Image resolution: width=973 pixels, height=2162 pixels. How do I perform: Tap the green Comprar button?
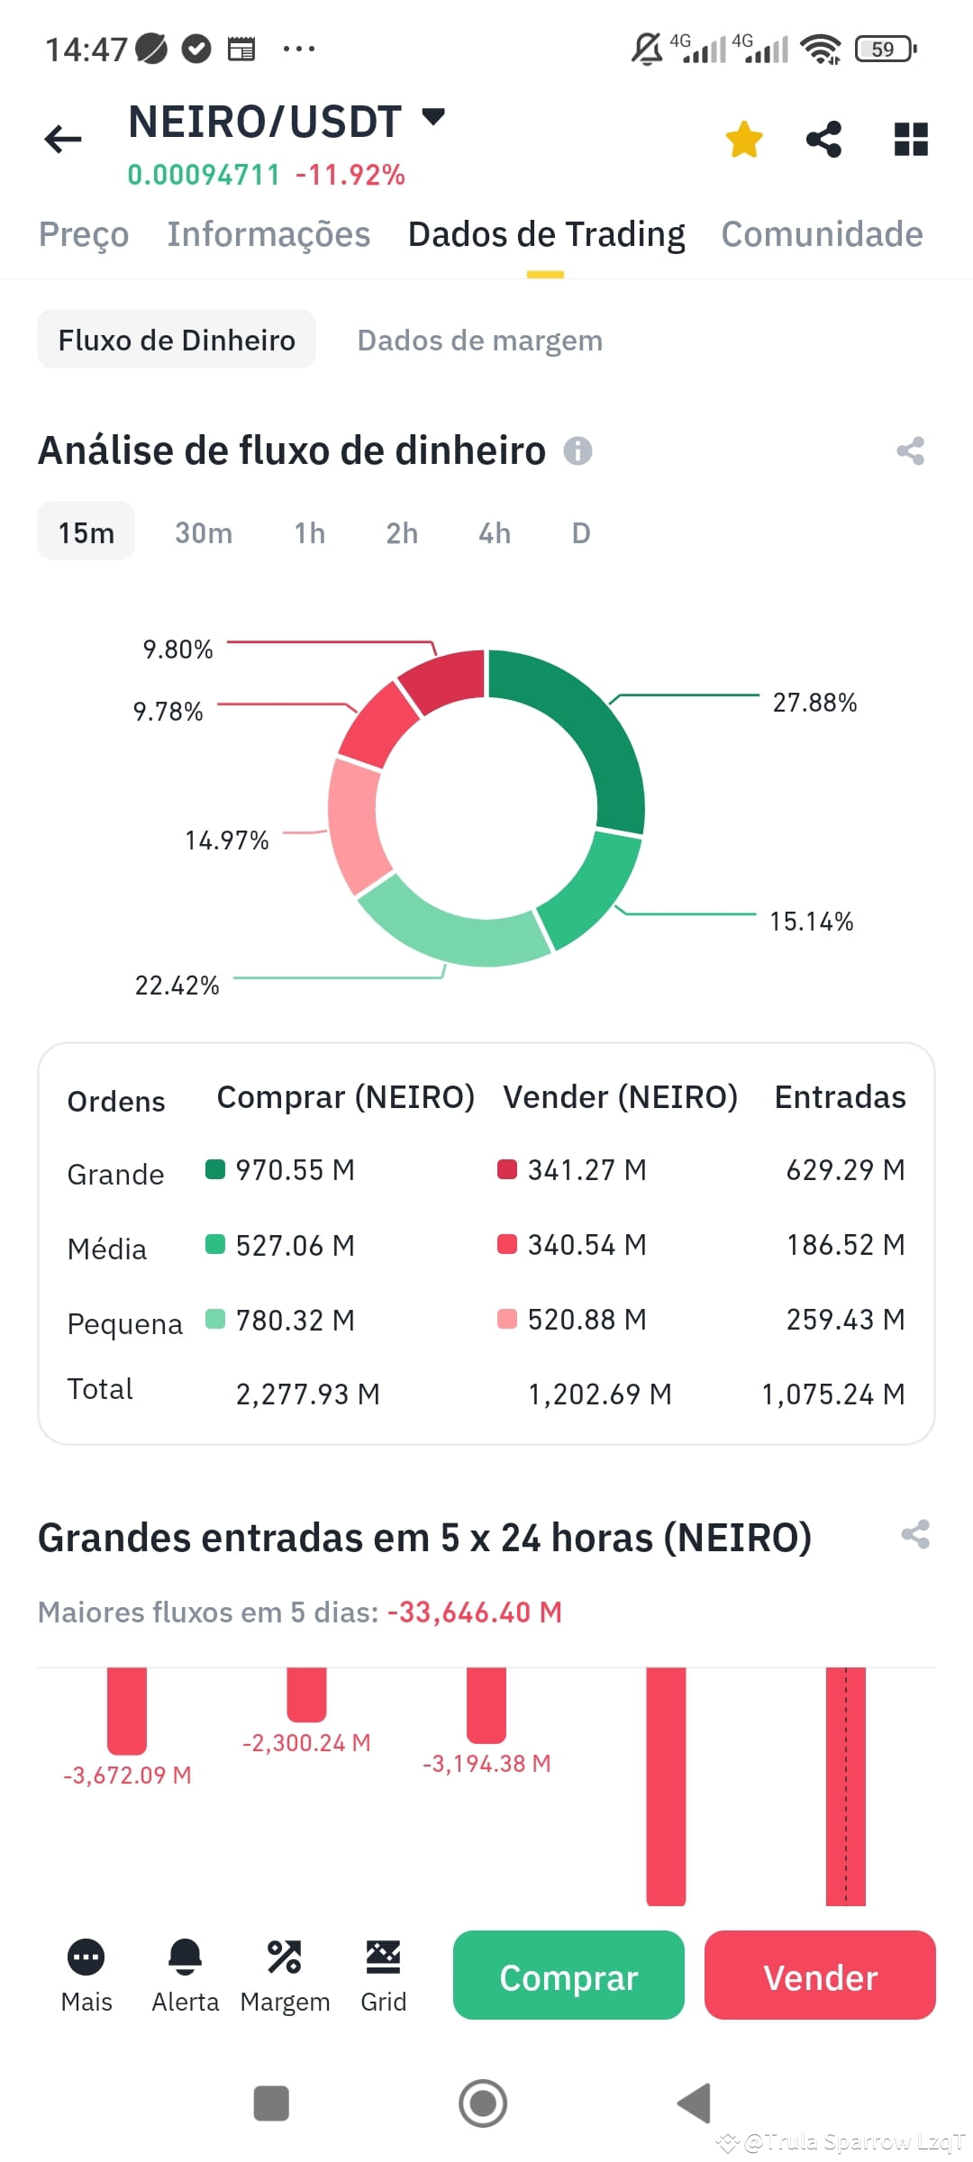(x=568, y=1976)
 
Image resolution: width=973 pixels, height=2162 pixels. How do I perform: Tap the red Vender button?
(x=820, y=1976)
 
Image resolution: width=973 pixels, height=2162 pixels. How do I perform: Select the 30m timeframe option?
(x=204, y=532)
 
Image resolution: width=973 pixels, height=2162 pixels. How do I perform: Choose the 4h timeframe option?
(x=495, y=532)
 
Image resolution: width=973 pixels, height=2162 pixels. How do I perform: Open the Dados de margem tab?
(x=479, y=340)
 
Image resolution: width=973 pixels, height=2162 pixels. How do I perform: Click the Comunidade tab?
(x=822, y=234)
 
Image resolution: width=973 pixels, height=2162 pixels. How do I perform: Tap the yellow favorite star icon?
(x=744, y=140)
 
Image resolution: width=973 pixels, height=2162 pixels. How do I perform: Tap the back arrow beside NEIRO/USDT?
(x=63, y=139)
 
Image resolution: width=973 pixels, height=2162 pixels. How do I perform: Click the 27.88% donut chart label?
(x=814, y=703)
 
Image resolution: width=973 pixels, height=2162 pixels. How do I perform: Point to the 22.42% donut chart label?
(x=177, y=986)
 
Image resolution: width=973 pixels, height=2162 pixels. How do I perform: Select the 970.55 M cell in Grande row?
(x=295, y=1170)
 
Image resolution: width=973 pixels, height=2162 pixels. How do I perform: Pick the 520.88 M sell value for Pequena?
(x=587, y=1320)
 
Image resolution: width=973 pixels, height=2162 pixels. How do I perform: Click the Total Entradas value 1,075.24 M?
(x=833, y=1394)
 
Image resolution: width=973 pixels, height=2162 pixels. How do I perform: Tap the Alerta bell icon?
(x=186, y=1957)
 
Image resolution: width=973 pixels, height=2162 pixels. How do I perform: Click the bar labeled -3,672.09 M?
(x=127, y=1709)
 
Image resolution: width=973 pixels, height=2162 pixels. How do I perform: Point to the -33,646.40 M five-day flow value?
(x=475, y=1612)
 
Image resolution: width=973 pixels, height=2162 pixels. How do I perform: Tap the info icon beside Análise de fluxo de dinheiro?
(x=577, y=450)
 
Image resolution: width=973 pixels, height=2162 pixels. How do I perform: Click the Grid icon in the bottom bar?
(x=383, y=1957)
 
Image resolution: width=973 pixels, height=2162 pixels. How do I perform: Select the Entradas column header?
(x=840, y=1097)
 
